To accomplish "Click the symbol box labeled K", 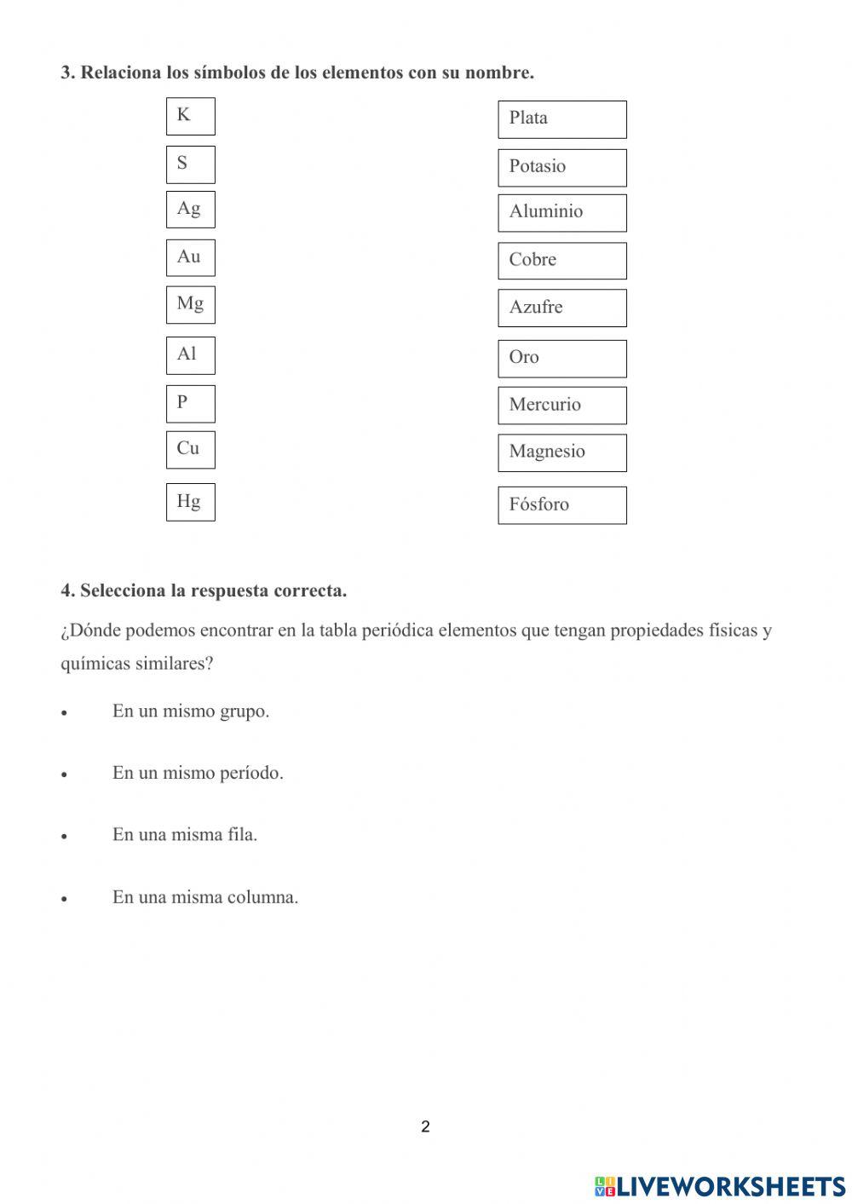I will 190,116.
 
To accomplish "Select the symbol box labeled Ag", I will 190,210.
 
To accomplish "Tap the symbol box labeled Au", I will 190,257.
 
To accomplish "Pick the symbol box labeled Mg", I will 190,305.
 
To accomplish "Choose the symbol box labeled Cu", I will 190,449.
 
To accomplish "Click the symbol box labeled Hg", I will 190,502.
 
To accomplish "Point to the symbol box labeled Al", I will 190,355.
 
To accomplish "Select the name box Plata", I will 561,119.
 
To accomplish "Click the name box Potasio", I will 561,168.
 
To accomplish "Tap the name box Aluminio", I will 561,213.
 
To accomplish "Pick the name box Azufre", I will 561,308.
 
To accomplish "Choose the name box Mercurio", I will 561,406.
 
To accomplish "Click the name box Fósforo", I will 561,505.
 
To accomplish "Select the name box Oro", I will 561,359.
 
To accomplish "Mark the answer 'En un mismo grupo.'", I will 190,711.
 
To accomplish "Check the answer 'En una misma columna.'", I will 204,897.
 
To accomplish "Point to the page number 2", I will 425,1126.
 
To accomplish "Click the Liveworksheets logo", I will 720,1186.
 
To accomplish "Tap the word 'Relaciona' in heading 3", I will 121,72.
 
